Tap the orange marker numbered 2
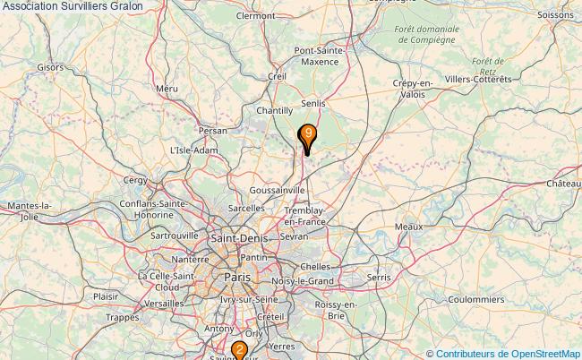point(239,350)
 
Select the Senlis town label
point(313,104)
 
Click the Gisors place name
point(50,66)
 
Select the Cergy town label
point(135,180)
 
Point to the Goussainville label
point(278,191)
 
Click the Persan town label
point(214,130)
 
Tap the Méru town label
point(167,89)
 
